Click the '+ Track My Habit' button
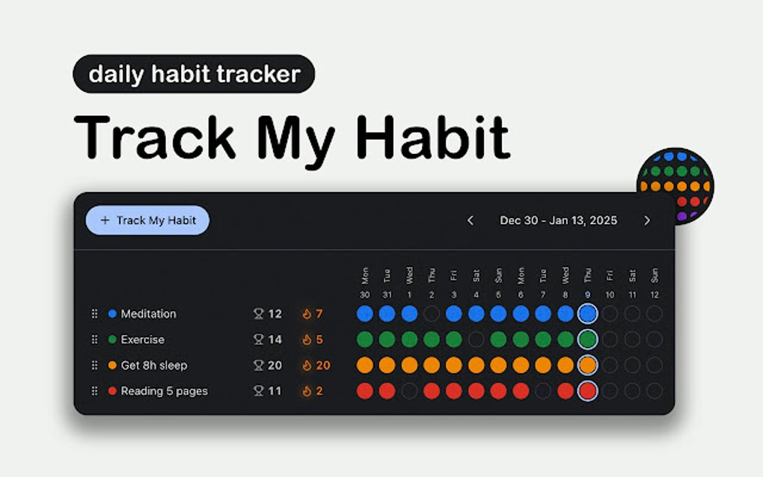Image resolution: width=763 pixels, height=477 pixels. (147, 221)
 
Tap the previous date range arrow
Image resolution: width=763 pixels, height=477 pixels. (471, 221)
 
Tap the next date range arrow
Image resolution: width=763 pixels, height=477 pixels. (647, 221)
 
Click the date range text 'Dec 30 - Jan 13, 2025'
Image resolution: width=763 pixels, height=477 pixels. (558, 221)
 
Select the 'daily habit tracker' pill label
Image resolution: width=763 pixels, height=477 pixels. (194, 74)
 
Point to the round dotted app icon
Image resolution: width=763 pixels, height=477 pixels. (675, 185)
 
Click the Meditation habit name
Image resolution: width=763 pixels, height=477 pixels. (148, 314)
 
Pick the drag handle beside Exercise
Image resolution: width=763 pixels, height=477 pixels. (94, 339)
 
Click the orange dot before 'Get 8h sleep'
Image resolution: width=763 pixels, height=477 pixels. (112, 366)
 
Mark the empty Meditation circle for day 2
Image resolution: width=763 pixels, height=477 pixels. (432, 314)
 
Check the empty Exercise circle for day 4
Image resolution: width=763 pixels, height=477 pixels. (476, 339)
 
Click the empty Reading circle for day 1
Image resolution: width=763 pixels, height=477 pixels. (409, 391)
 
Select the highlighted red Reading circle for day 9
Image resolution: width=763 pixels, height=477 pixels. (588, 391)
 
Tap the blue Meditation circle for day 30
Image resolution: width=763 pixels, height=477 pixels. (364, 314)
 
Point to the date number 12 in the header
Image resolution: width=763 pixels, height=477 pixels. (655, 295)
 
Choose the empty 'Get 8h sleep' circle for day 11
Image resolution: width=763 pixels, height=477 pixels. (632, 366)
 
